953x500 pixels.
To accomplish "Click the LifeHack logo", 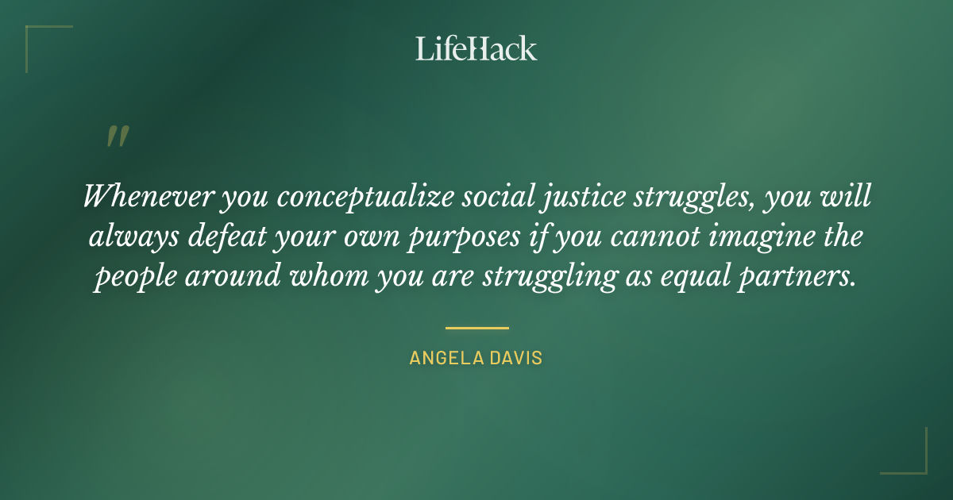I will (x=476, y=48).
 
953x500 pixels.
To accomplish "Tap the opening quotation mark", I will (x=117, y=137).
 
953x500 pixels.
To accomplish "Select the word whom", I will (x=349, y=276).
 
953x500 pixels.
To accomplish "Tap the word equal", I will (x=714, y=278).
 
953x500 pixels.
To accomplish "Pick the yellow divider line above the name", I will (x=476, y=327).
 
